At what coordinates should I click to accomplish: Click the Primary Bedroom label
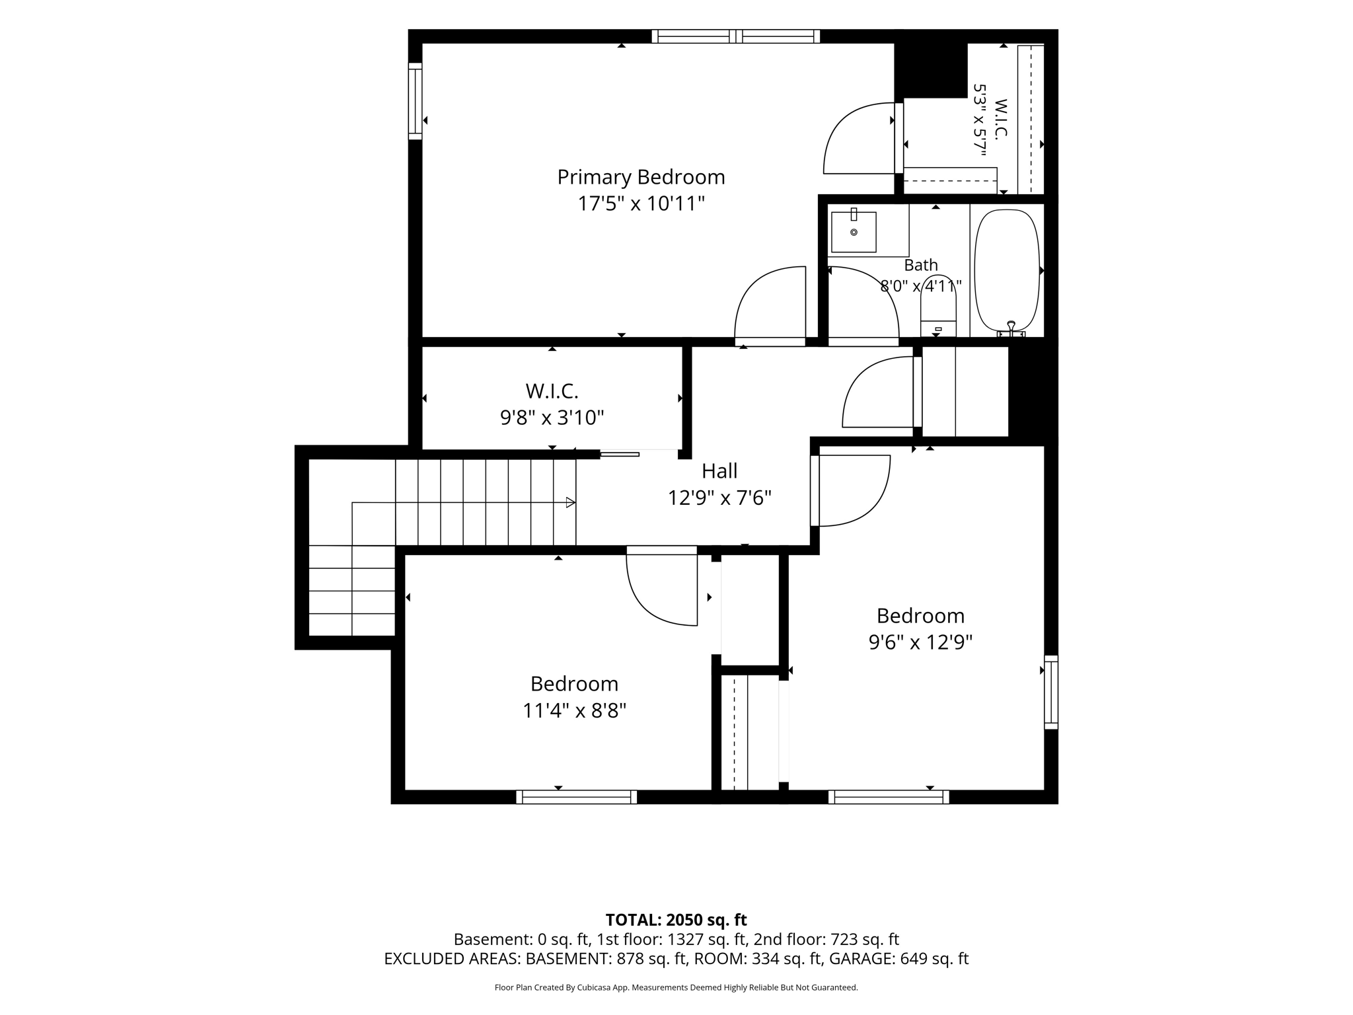pyautogui.click(x=641, y=177)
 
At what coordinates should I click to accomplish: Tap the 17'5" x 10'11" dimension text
pyautogui.click(x=641, y=204)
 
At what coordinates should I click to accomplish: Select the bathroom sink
pyautogui.click(x=854, y=231)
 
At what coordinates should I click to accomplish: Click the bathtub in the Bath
pyautogui.click(x=1007, y=271)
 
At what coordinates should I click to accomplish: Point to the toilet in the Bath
pyautogui.click(x=938, y=307)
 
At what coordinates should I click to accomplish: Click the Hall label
pyautogui.click(x=719, y=471)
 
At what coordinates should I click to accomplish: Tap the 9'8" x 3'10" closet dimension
pyautogui.click(x=552, y=418)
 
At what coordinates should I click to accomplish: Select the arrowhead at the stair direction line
pyautogui.click(x=571, y=503)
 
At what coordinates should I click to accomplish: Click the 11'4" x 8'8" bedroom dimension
pyautogui.click(x=574, y=710)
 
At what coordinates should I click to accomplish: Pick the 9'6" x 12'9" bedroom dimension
pyautogui.click(x=920, y=642)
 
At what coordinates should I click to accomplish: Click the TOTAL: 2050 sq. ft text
pyautogui.click(x=676, y=920)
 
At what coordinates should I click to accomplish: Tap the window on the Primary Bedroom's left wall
pyautogui.click(x=415, y=101)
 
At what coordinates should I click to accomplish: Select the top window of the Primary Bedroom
pyautogui.click(x=735, y=36)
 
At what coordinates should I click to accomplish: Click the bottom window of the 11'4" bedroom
pyautogui.click(x=576, y=797)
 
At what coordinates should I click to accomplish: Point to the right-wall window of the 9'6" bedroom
pyautogui.click(x=1051, y=692)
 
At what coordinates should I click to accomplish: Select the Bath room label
pyautogui.click(x=921, y=265)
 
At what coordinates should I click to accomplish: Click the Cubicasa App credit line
pyautogui.click(x=676, y=988)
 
